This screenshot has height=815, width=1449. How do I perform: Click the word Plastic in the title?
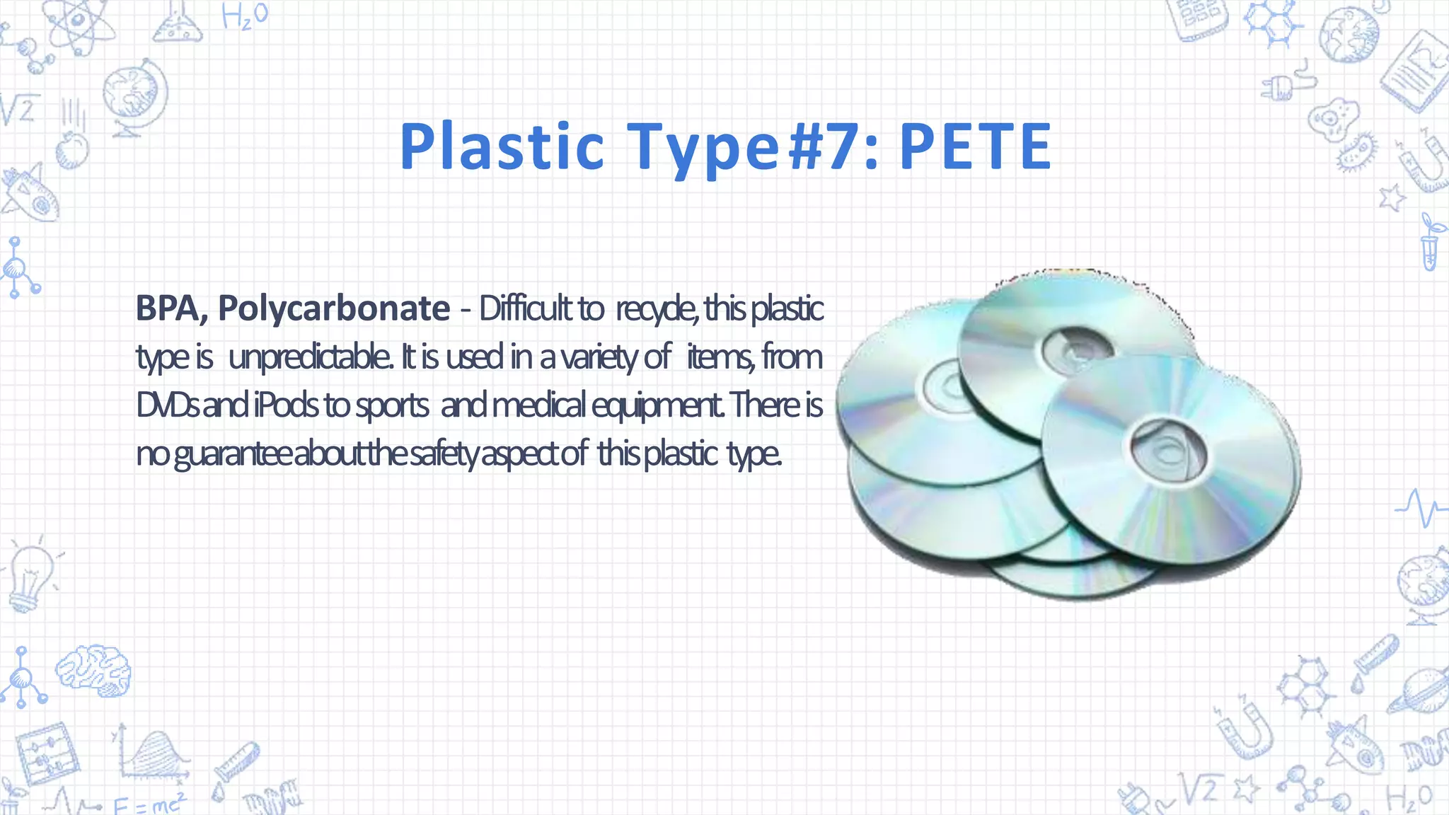(502, 146)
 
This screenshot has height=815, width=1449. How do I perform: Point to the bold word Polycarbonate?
(333, 308)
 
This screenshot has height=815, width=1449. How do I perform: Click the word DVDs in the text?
(167, 405)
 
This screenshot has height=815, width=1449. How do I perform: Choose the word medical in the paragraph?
(538, 405)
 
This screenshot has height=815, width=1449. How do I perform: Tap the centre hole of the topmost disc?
(1077, 349)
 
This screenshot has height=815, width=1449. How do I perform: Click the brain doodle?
(93, 669)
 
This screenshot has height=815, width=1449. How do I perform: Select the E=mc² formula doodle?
(150, 804)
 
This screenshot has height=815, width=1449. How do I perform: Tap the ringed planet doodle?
(1419, 690)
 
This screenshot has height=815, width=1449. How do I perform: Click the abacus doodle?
(47, 754)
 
